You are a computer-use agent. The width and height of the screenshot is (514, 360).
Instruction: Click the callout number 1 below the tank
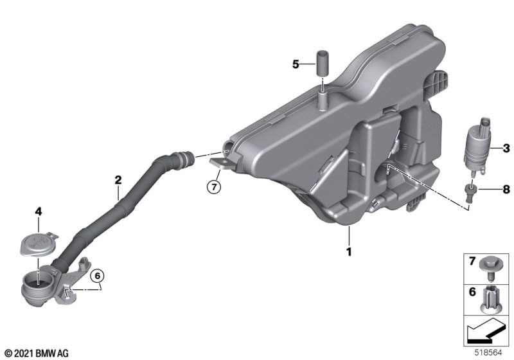coord(349,252)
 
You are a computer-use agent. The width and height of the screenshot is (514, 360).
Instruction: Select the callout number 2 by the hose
coord(118,179)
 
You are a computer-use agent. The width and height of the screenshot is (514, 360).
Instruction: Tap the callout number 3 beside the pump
coord(506,148)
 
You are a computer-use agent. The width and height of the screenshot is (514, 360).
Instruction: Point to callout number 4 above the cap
coord(39,212)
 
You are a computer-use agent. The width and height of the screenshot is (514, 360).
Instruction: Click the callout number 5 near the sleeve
coord(296,64)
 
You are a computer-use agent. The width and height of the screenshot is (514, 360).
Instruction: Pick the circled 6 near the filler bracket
coord(98,276)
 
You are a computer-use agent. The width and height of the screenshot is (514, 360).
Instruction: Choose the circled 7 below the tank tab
coord(214,187)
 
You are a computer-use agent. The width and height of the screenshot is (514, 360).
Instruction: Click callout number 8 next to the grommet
coord(506,189)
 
